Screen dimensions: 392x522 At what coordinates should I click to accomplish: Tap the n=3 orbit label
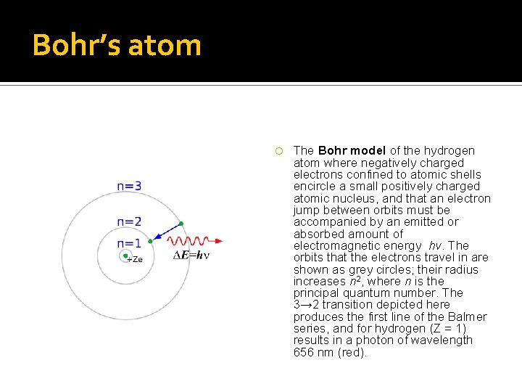(129, 187)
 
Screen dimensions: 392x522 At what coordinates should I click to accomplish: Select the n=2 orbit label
(129, 221)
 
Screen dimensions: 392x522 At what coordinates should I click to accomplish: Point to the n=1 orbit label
(129, 244)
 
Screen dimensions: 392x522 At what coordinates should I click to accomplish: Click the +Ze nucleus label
(135, 259)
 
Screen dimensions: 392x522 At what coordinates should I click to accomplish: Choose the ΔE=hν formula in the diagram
(191, 256)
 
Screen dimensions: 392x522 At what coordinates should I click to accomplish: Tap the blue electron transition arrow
(166, 232)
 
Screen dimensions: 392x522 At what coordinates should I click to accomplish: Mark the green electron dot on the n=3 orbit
(181, 223)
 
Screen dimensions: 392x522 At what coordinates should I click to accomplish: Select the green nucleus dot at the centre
(125, 256)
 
